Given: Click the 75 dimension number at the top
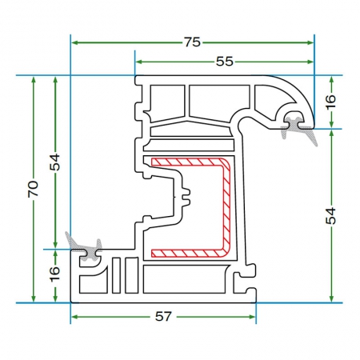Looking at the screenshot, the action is (x=192, y=42).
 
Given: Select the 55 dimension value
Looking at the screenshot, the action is (x=225, y=62).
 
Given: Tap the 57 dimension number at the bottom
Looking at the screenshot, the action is (x=163, y=317).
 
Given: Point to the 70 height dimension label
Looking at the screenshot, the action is (x=33, y=189).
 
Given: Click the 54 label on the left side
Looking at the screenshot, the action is (x=55, y=162).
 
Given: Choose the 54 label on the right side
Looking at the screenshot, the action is (x=331, y=216).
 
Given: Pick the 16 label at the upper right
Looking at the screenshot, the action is (x=330, y=102).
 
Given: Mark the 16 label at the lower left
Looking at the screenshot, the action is (x=54, y=274).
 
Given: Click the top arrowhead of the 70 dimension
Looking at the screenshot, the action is (x=34, y=79).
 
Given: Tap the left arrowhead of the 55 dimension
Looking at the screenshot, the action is (x=138, y=62).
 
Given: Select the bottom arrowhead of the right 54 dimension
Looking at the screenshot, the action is (x=331, y=298).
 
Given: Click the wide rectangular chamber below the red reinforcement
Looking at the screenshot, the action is (x=186, y=279).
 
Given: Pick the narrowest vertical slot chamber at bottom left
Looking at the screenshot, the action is (x=116, y=275).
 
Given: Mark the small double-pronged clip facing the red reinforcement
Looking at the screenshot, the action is (x=186, y=198).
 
